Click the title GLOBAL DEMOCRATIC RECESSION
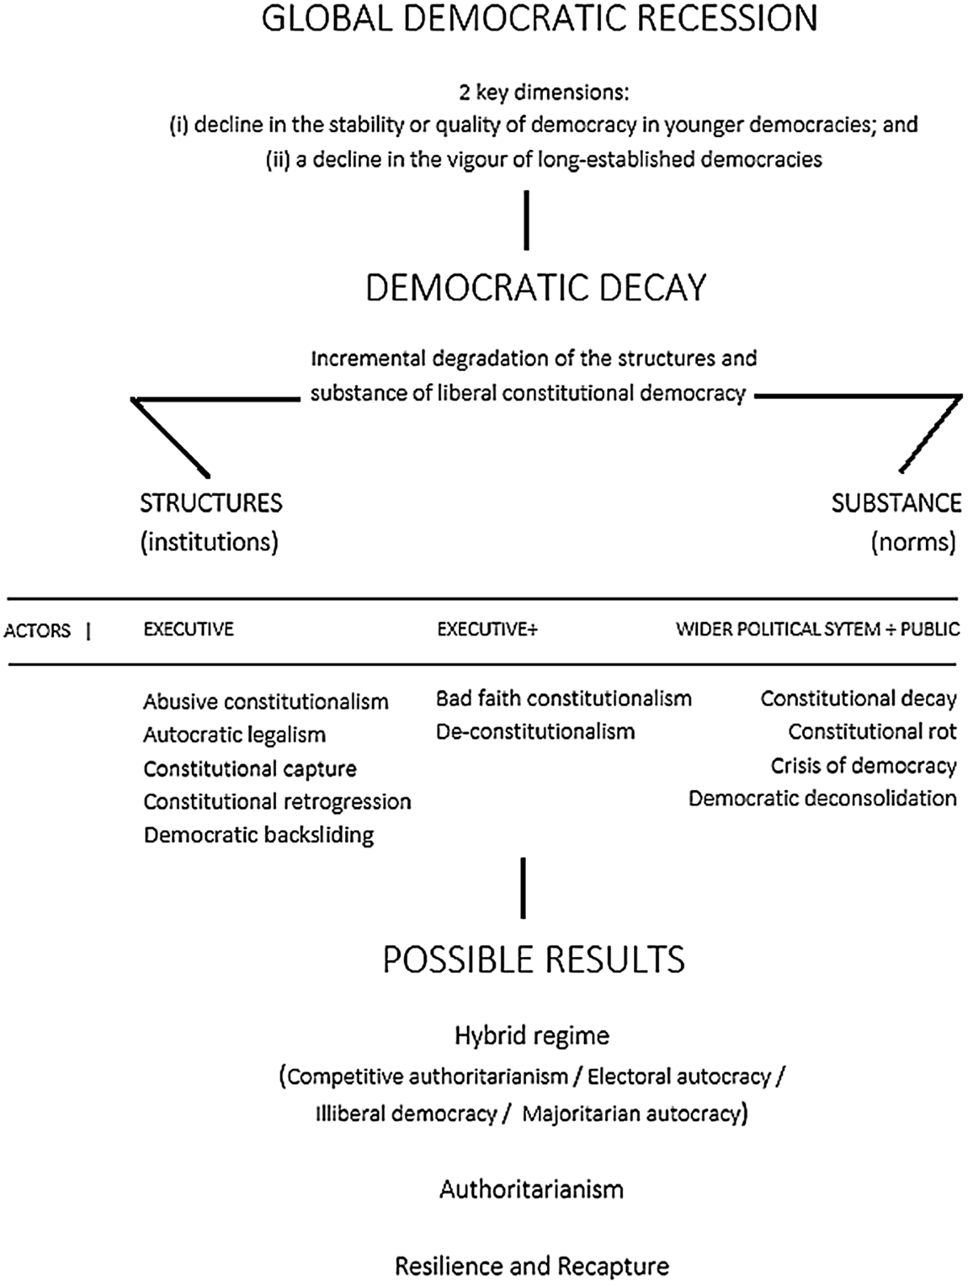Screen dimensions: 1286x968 540,19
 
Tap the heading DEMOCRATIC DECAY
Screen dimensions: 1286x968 536,288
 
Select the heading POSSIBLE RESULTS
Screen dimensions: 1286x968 533,959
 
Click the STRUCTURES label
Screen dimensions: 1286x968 211,503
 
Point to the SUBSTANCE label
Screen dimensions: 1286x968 896,503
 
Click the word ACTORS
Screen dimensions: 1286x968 37,631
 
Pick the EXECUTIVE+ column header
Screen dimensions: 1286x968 487,630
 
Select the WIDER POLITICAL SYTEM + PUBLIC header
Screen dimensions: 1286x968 817,630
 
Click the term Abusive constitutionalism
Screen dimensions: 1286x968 265,701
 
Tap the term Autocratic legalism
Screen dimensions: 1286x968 234,735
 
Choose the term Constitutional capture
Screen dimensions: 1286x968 249,768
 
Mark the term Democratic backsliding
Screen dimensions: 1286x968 258,834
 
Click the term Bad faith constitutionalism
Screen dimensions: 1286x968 563,698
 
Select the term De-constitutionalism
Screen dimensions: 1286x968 535,731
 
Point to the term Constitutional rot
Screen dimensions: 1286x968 872,731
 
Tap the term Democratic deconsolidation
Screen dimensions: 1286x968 822,798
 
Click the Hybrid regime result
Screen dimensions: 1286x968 532,1035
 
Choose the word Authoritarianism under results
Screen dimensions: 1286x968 532,1189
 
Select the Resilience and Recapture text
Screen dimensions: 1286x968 532,1266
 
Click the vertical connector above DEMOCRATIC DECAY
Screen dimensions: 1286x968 527,220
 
